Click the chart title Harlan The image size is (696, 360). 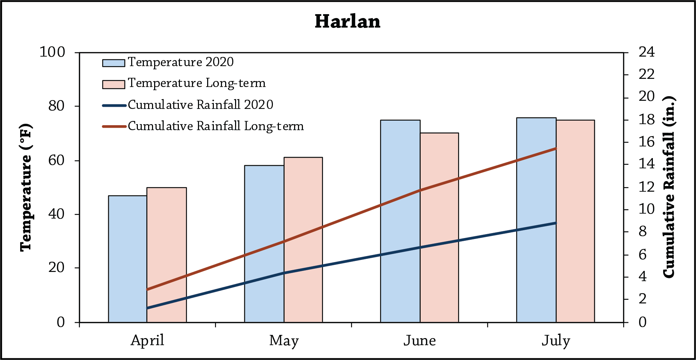click(347, 22)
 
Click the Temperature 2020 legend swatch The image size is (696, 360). click(113, 63)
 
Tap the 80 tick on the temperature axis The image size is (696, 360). click(57, 106)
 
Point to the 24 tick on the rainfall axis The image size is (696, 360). click(647, 52)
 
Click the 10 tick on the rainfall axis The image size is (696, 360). click(647, 209)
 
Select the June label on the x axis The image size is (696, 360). click(420, 341)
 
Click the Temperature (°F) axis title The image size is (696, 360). click(26, 187)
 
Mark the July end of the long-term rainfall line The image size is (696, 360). click(556, 149)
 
